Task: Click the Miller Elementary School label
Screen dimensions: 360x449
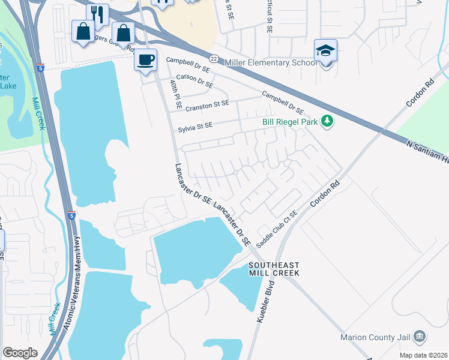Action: point(270,62)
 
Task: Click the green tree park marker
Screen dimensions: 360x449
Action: point(327,122)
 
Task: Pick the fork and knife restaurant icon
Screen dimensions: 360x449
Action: point(97,14)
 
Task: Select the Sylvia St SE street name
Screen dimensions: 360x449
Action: point(195,126)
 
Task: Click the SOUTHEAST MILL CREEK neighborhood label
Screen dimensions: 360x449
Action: point(275,268)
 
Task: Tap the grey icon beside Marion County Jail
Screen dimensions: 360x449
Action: point(420,335)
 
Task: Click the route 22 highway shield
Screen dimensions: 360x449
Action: point(214,58)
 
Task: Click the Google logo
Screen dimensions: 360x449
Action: point(20,353)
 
